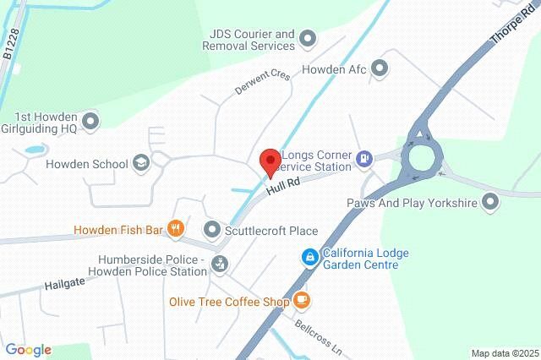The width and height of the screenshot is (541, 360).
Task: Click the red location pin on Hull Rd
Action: pos(270,161)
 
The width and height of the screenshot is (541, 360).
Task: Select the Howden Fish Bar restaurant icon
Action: pos(176,228)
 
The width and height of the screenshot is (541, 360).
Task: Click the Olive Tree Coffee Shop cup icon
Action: pos(302,300)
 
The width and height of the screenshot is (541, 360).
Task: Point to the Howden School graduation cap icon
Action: pos(142,164)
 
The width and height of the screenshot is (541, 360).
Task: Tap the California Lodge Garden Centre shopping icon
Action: pos(310,256)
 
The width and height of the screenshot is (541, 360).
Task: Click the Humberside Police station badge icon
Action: pos(220,265)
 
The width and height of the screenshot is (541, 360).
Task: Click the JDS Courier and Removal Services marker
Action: pos(308,38)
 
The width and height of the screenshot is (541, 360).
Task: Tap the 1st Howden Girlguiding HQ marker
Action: pos(91,123)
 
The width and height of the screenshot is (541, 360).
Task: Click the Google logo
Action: pos(28,350)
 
